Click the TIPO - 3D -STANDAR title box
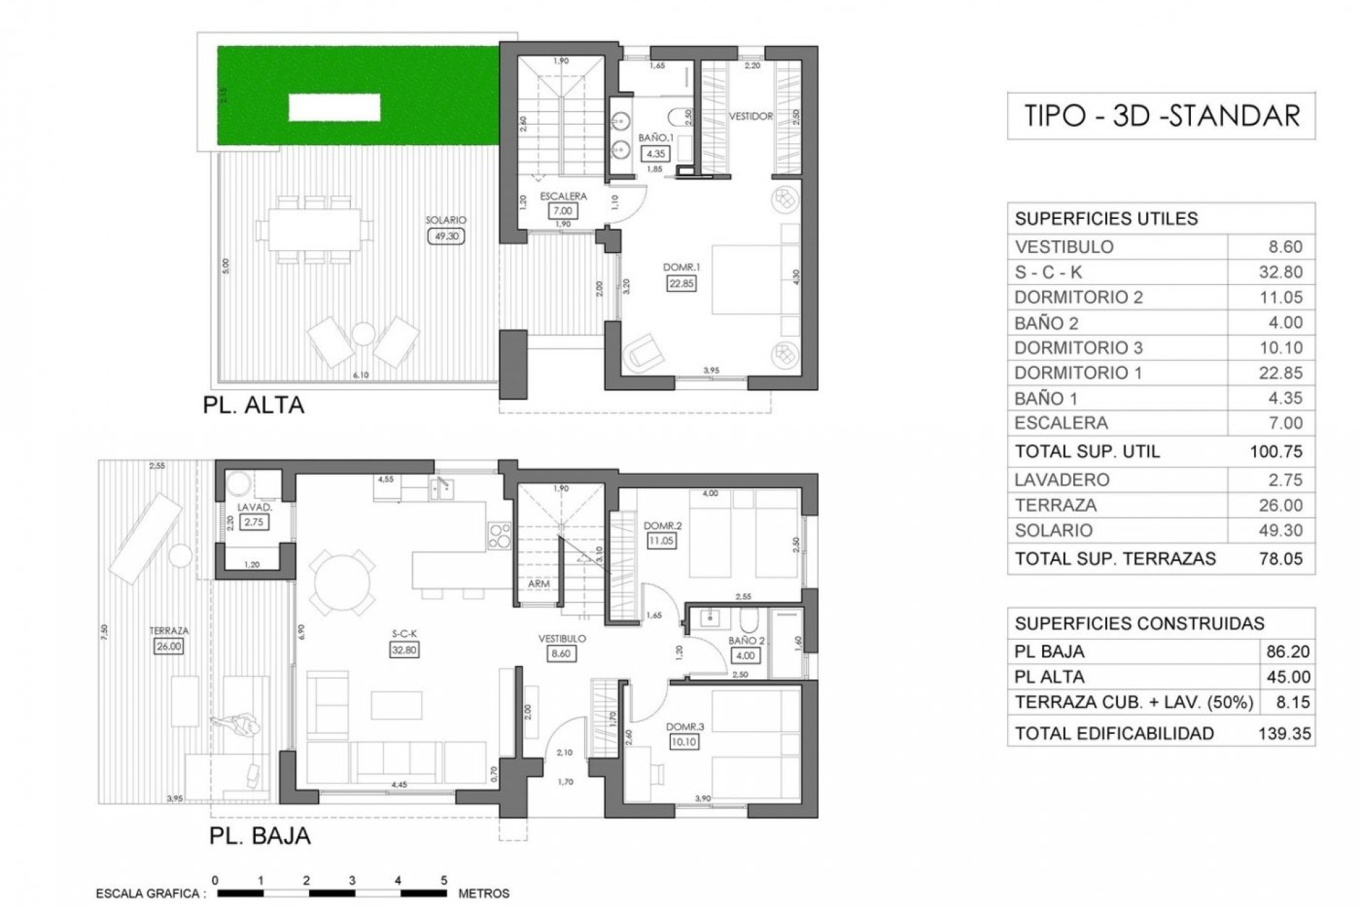[1161, 116]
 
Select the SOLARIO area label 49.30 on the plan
[446, 236]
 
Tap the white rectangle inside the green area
[334, 108]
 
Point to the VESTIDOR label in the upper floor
[751, 116]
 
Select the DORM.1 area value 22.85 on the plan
[681, 283]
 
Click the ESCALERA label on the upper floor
[563, 196]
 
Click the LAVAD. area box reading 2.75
[254, 522]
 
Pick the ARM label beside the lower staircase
[539, 584]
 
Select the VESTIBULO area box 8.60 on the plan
[561, 653]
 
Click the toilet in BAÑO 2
[749, 621]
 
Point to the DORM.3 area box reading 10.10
[684, 742]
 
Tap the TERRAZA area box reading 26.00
[169, 646]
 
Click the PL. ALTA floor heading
[254, 405]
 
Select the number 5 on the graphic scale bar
[444, 881]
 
